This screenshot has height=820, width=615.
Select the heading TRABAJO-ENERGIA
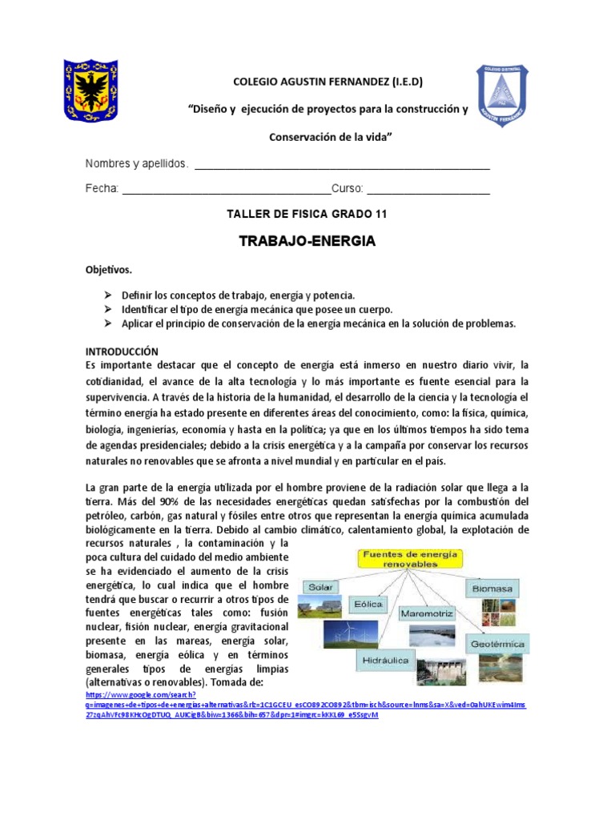click(307, 241)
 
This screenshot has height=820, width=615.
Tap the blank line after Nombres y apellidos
click(342, 166)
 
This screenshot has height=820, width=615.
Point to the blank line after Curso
click(428, 190)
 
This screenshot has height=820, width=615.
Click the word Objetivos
click(109, 270)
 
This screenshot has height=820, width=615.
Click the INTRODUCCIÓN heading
click(123, 352)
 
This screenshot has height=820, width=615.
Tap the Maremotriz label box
click(428, 613)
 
